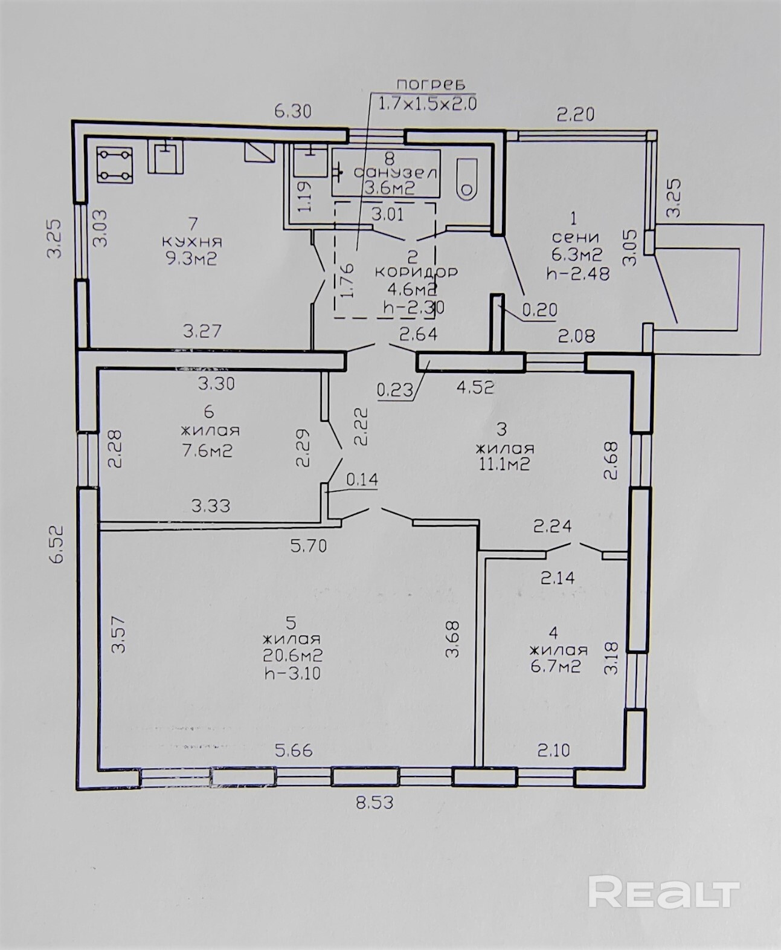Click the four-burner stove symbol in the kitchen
click(x=115, y=166)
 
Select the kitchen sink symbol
click(x=166, y=157)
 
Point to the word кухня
click(x=192, y=242)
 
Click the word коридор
click(x=416, y=272)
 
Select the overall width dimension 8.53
click(x=374, y=803)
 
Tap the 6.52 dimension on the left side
click(x=57, y=544)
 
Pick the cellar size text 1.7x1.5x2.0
click(x=426, y=104)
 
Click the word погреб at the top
click(x=430, y=84)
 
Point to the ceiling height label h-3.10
click(x=292, y=673)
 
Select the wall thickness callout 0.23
click(x=395, y=390)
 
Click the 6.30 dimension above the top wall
click(x=293, y=111)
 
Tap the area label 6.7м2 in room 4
click(x=556, y=666)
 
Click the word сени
click(x=575, y=237)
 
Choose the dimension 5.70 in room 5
click(x=308, y=546)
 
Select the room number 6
click(x=208, y=412)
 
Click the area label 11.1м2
click(x=504, y=464)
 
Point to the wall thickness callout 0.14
click(x=362, y=480)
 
